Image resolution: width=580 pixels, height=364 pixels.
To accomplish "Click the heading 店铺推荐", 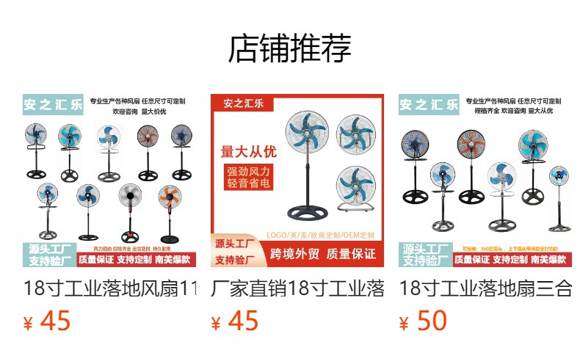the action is [290, 48].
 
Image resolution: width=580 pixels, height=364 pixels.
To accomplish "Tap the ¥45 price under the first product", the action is [48, 321].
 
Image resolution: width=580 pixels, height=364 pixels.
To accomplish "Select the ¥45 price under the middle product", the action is [235, 321].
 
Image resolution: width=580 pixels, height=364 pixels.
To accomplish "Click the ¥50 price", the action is [423, 321].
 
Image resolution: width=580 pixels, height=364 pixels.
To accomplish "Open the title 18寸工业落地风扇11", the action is [110, 288].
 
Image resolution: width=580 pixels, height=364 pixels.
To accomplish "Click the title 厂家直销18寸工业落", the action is [297, 288].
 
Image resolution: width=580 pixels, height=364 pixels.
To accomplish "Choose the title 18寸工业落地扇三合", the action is [485, 288].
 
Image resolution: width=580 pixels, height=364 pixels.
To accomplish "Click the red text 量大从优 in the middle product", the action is [249, 152].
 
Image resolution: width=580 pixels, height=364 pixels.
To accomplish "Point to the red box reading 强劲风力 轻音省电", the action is [249, 178].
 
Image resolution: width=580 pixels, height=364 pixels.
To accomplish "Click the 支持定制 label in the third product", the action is [510, 260].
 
